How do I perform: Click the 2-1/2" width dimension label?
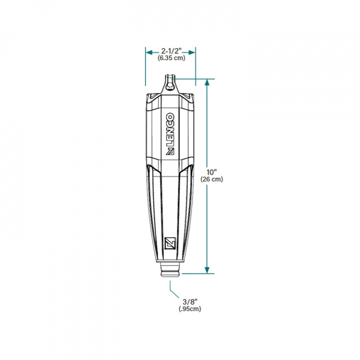point(171,50)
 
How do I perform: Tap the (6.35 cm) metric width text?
point(171,58)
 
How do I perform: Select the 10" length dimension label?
point(211,172)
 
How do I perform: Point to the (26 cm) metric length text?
point(211,179)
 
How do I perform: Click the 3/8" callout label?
point(190,301)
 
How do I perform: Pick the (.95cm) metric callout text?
point(190,309)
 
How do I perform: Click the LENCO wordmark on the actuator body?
point(170,129)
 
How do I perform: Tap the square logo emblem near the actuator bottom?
point(170,243)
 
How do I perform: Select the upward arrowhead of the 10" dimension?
point(207,82)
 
